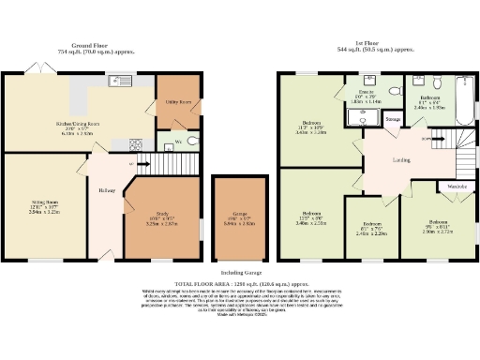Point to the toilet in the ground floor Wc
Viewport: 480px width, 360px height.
(x=192, y=142)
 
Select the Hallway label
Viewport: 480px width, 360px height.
(x=106, y=190)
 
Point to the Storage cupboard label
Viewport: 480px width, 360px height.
(x=393, y=119)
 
